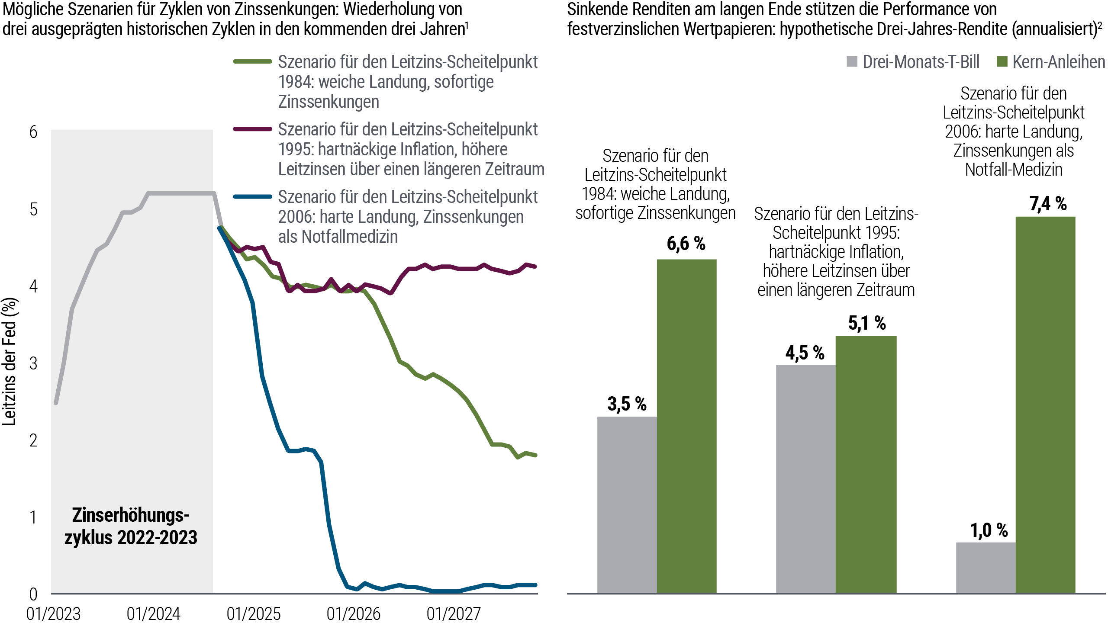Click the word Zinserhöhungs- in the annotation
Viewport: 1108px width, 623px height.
(131, 515)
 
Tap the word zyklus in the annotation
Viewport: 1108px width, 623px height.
(89, 538)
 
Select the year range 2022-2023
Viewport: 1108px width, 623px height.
(157, 538)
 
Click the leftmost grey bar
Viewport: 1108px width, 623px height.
(627, 504)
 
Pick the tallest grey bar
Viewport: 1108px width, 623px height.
(805, 478)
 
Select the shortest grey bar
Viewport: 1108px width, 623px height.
(986, 567)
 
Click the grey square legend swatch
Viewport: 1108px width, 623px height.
(855, 61)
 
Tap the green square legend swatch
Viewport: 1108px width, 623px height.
(1005, 61)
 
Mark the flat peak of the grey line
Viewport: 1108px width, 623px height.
(180, 194)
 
